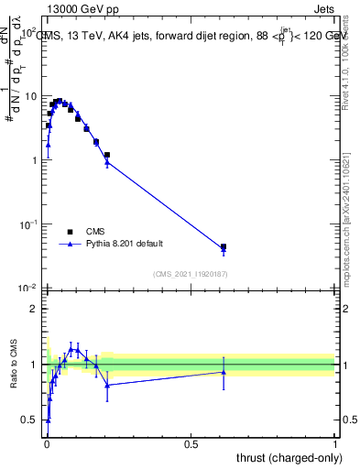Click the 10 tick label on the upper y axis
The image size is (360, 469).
pos(30,96)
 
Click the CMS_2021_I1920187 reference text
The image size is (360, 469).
pos(190,273)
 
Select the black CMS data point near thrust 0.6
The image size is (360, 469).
pos(224,246)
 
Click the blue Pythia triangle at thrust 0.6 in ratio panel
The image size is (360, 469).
pos(224,372)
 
